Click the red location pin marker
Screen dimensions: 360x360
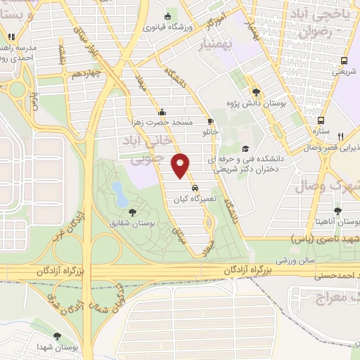point(181,165)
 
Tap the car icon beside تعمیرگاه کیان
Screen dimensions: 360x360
point(195,188)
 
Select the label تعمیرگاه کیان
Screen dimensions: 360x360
point(194,200)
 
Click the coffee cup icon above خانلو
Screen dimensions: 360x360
point(210,121)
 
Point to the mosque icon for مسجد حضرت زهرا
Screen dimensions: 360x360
point(162,111)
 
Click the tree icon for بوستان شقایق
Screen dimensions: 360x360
point(132,212)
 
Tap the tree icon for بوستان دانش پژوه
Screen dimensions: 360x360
point(256,91)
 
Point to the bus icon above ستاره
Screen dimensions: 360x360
point(321,120)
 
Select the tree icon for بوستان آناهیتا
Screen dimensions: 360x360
point(338,210)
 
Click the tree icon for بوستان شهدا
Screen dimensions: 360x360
point(57,337)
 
